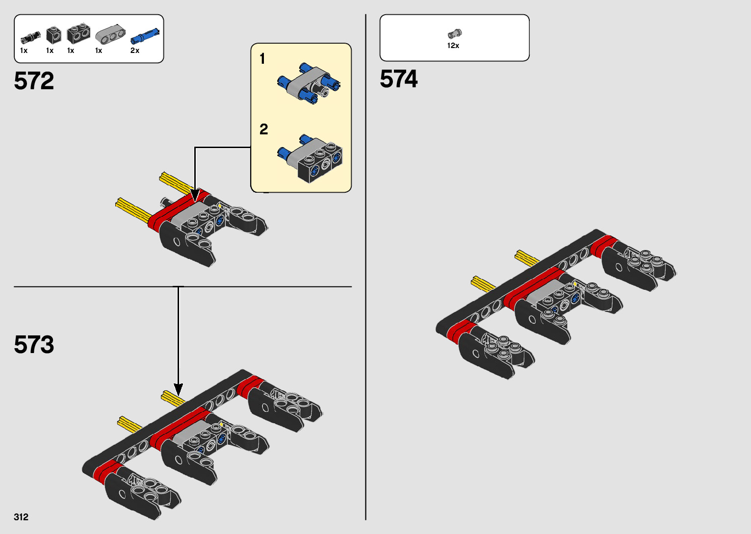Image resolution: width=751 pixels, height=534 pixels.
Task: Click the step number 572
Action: pos(34,81)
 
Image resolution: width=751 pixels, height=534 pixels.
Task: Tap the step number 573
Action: pos(34,345)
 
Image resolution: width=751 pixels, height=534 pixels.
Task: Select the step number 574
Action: pos(399,79)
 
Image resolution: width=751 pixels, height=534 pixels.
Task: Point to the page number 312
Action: pos(21,517)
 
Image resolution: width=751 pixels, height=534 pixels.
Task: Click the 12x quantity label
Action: pos(453,46)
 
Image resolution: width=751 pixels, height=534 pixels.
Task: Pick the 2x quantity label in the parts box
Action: pos(135,51)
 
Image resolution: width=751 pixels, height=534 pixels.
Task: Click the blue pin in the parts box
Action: pos(145,36)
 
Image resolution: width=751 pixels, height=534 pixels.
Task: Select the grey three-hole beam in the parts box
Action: pos(110,34)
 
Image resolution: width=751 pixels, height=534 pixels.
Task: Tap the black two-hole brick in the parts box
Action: pos(78,34)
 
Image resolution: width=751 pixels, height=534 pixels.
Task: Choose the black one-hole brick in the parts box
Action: pos(53,35)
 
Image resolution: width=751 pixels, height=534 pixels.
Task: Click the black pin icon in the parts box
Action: pos(30,38)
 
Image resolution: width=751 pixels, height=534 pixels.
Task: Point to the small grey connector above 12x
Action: pos(455,33)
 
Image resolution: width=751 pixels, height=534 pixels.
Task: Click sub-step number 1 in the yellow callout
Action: pos(262,59)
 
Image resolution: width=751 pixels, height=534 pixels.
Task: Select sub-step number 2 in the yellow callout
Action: pos(264,129)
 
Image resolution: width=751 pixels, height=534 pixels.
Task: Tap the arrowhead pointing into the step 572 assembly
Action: pos(195,196)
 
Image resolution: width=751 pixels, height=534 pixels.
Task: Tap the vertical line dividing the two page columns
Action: pos(366,267)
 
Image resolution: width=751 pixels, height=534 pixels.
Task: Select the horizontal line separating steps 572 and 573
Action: pos(182,287)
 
